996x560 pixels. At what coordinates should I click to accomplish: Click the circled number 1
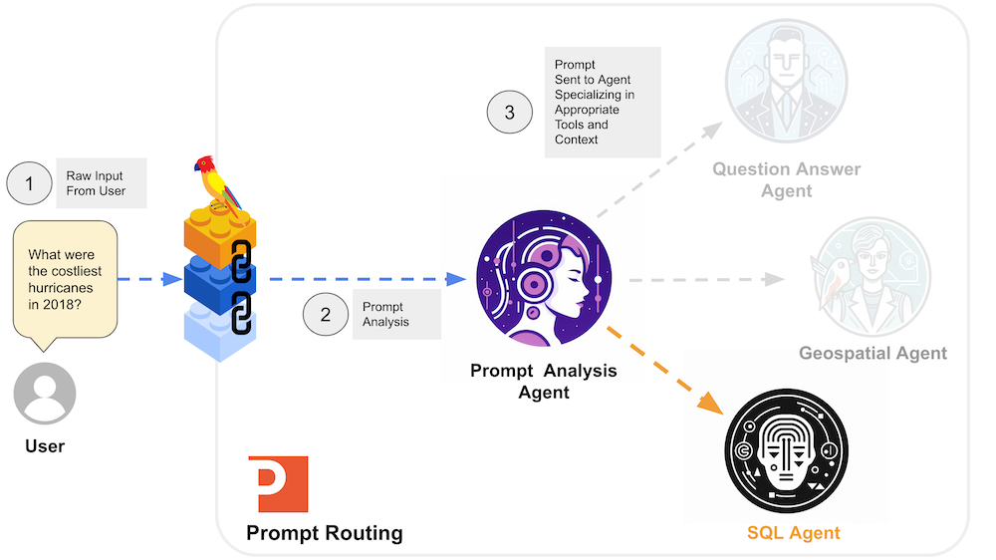click(x=30, y=183)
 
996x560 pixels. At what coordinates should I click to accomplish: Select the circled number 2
click(x=326, y=315)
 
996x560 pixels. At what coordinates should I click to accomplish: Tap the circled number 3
click(x=510, y=112)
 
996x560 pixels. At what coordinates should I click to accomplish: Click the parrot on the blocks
click(x=217, y=183)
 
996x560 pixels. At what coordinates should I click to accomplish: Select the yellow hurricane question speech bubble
click(x=65, y=279)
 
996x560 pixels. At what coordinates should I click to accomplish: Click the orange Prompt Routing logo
click(x=277, y=484)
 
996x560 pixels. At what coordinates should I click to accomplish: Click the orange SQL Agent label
click(x=793, y=533)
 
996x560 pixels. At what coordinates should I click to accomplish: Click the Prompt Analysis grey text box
click(x=395, y=315)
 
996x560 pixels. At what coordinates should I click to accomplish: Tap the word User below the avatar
click(x=45, y=445)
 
